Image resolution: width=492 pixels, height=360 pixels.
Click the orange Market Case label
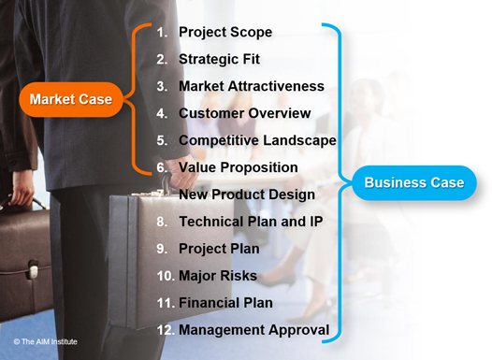coord(71,98)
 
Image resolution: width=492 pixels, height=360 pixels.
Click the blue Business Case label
coord(414,182)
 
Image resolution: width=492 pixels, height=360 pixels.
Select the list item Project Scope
coord(225,32)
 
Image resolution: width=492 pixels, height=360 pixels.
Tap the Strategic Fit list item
coord(221,59)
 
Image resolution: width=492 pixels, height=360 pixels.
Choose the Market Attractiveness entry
coord(251,86)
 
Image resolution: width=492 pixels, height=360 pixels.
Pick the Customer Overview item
coord(245,113)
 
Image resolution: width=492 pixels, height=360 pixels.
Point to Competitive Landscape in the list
coord(257,140)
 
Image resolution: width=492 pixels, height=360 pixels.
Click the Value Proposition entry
coord(239,167)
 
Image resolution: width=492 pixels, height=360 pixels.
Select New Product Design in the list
coord(246,194)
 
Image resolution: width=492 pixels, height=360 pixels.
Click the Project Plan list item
coord(218,249)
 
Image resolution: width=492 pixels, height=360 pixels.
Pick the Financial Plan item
coord(225,303)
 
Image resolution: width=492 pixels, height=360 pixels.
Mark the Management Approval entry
coord(253,330)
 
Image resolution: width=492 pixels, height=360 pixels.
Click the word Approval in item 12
coord(297,330)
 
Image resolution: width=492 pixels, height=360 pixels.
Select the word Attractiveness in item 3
coord(278,86)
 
